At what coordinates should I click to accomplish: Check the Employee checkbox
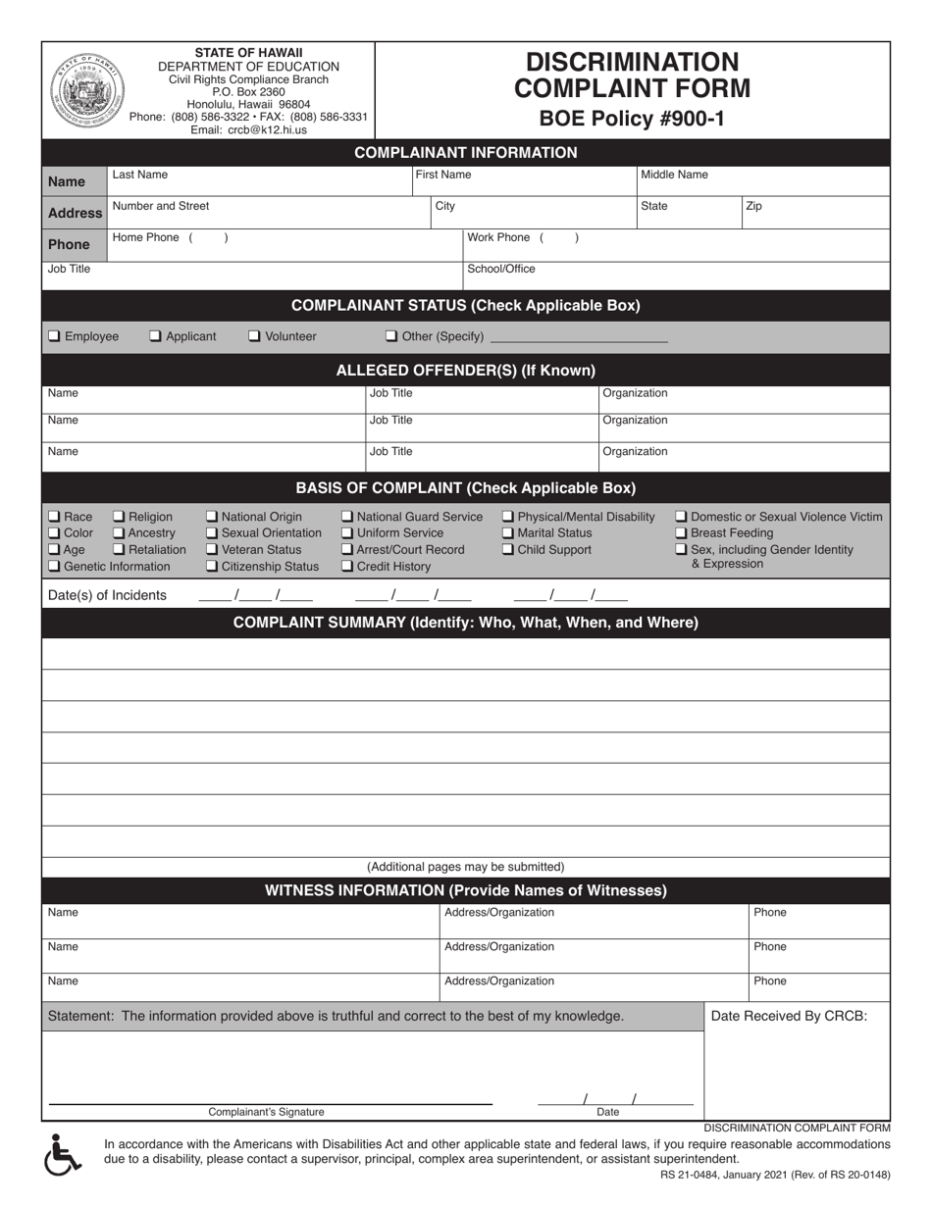click(x=54, y=336)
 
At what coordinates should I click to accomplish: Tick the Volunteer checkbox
click(x=254, y=336)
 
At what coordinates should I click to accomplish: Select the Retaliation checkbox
click(x=119, y=550)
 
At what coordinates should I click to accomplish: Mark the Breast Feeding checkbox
click(x=682, y=533)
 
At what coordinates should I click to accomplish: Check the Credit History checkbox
click(x=347, y=567)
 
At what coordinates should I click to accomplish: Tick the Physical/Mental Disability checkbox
click(x=508, y=517)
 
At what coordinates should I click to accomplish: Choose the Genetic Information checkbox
click(x=54, y=567)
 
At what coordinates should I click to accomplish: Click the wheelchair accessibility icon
click(x=64, y=1154)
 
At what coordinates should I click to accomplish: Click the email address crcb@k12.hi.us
click(x=248, y=129)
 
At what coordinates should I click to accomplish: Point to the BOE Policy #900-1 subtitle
click(x=632, y=120)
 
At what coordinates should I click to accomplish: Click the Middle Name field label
click(x=674, y=175)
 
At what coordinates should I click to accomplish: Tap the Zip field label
click(x=753, y=206)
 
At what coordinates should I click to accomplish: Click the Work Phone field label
click(x=498, y=237)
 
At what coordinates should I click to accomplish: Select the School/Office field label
click(x=501, y=269)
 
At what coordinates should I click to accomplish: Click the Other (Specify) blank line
click(x=578, y=338)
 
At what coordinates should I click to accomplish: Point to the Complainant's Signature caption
click(x=266, y=1112)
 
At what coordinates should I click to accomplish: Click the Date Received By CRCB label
click(x=789, y=1016)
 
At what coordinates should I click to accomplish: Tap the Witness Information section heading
click(x=466, y=890)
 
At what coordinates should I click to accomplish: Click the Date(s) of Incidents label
click(x=107, y=595)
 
